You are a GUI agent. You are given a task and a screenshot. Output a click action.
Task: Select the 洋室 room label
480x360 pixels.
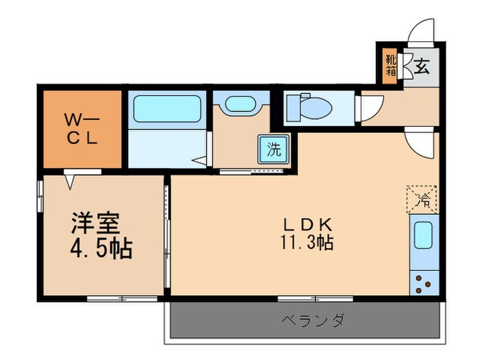(95, 224)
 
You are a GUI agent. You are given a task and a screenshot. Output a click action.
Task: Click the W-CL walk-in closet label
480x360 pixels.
(82, 128)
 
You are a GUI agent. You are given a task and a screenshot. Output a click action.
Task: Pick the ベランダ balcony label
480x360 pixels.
(313, 320)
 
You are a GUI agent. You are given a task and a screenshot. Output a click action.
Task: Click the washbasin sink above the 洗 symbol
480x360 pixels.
(239, 104)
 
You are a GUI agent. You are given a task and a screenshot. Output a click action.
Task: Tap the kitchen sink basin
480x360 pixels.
(422, 235)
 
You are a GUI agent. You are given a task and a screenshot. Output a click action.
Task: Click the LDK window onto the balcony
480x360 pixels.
(315, 298)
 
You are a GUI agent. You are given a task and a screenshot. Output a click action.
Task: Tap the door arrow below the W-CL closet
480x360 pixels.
(71, 180)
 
